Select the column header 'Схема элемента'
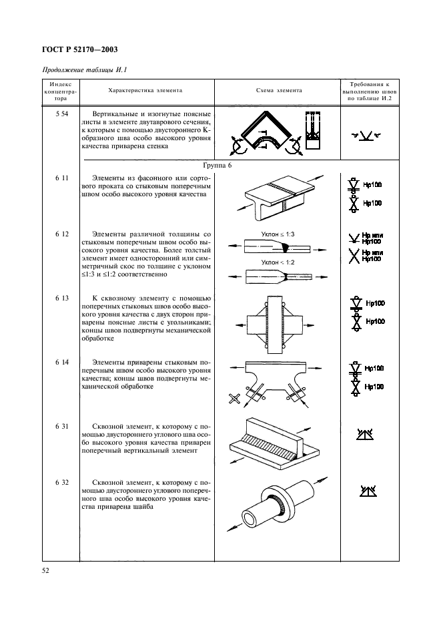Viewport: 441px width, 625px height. (279, 90)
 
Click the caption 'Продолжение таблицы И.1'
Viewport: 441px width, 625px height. (84, 71)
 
